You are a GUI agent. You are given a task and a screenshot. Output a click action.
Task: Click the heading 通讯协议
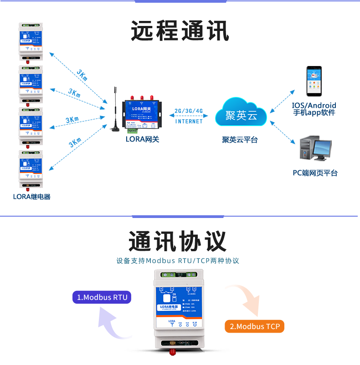click(177, 241)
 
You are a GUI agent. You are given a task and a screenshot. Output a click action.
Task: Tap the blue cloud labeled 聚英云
click(241, 114)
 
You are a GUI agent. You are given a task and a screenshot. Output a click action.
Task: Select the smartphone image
click(314, 81)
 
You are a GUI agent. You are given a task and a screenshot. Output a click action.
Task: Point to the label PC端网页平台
click(315, 173)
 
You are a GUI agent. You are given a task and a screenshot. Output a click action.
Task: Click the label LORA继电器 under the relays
click(31, 197)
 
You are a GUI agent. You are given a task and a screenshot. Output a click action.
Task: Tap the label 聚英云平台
click(240, 140)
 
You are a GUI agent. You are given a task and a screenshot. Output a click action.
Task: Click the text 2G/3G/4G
click(189, 112)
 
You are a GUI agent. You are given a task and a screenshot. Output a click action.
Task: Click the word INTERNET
click(189, 122)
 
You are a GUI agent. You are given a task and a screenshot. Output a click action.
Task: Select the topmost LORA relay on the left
click(31, 41)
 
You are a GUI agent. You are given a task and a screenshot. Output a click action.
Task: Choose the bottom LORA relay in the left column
click(31, 168)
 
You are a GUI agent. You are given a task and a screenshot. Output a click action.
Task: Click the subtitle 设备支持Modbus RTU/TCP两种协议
click(178, 261)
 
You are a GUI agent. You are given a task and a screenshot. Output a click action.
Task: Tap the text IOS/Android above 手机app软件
click(314, 105)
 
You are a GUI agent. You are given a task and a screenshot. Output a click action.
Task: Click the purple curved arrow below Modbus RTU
click(113, 324)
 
